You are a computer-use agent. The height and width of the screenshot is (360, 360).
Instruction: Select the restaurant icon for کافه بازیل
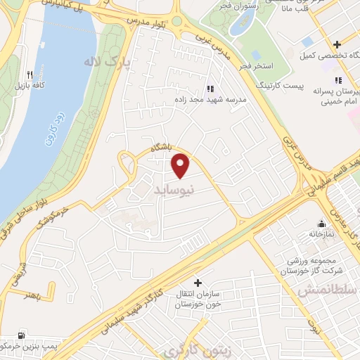point(30,74)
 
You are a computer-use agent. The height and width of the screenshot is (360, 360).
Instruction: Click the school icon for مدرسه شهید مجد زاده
point(210,89)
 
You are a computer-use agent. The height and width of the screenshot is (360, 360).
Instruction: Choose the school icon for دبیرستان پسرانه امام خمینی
point(338,80)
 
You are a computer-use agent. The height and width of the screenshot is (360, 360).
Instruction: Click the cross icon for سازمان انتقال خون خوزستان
point(198,282)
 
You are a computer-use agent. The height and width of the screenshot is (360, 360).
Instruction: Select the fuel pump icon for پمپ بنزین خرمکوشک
point(23,335)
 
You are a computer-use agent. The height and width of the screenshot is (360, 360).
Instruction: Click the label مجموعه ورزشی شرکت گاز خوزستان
point(314,263)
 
